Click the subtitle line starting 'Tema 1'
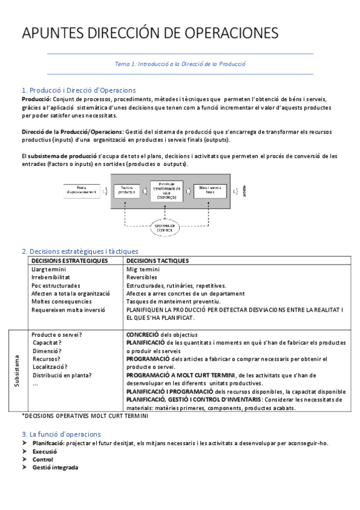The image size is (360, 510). pyautogui.click(x=180, y=63)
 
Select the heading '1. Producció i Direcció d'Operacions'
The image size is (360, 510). pyautogui.click(x=79, y=90)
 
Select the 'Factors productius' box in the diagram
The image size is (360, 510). pyautogui.click(x=127, y=191)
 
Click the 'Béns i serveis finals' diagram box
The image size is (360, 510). pyautogui.click(x=211, y=191)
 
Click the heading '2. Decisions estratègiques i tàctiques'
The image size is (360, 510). pyautogui.click(x=80, y=251)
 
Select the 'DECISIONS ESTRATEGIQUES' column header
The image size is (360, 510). pyautogui.click(x=69, y=260)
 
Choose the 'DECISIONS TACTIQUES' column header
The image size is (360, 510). pyautogui.click(x=157, y=260)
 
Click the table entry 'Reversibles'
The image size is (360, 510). pyautogui.click(x=142, y=277)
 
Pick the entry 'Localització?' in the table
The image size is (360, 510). pyautogui.click(x=50, y=367)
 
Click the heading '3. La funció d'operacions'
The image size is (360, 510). pyautogui.click(x=61, y=434)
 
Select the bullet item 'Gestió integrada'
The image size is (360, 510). pyautogui.click(x=55, y=468)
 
